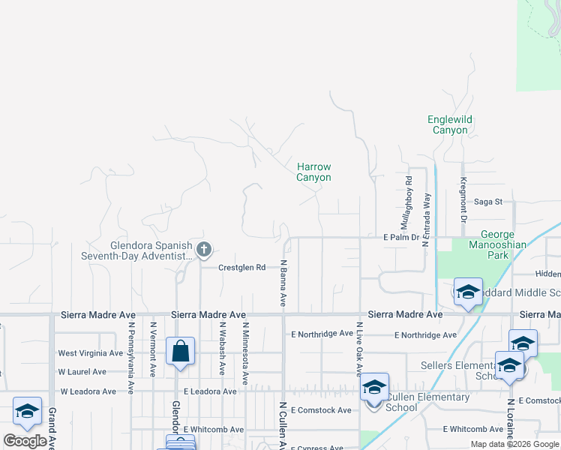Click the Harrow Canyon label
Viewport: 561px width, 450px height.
click(313, 172)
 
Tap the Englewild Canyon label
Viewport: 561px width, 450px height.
click(450, 124)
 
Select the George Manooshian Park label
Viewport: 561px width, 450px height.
click(503, 244)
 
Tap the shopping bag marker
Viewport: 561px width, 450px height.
click(181, 352)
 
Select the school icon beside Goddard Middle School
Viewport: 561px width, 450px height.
click(467, 292)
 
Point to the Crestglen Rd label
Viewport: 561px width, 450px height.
click(242, 267)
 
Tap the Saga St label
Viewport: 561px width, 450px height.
click(487, 202)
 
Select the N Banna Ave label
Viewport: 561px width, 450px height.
click(284, 283)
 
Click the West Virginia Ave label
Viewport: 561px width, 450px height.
click(90, 353)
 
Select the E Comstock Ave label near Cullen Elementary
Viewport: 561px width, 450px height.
click(321, 410)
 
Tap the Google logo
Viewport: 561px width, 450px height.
click(25, 440)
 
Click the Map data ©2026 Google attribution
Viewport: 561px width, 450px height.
click(514, 444)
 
